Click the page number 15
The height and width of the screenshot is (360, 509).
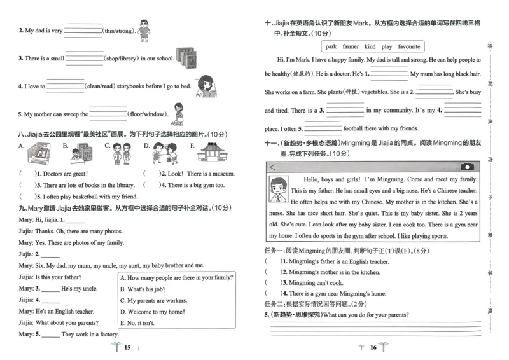tap(127, 347)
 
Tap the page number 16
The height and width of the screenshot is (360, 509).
tap(373, 347)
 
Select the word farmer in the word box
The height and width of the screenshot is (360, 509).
tap(351, 46)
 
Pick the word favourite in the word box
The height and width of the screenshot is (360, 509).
tap(409, 46)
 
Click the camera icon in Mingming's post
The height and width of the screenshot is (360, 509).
tap(467, 167)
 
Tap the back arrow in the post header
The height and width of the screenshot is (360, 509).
tap(273, 167)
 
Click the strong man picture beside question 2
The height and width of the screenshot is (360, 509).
tap(144, 28)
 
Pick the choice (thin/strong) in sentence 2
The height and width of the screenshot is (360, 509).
tap(119, 31)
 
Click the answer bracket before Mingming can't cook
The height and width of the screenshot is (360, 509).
tap(272, 283)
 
